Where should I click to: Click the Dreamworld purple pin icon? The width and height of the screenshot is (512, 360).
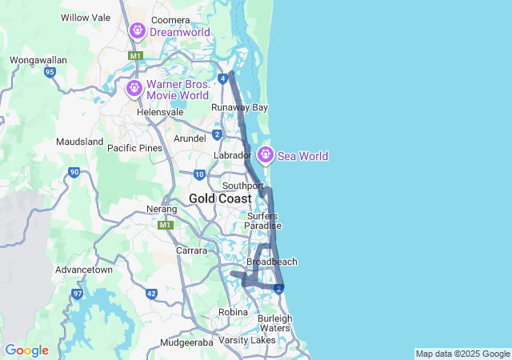137,31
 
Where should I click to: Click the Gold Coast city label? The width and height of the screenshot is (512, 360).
220,198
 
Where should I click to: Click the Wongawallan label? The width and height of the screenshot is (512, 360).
37,60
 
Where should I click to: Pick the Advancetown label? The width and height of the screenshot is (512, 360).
84,270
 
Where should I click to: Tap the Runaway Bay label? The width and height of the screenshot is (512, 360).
239,107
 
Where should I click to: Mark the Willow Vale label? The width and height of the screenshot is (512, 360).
84,17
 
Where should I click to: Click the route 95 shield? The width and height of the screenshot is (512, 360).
50,72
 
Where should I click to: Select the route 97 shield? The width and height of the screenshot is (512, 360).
77,294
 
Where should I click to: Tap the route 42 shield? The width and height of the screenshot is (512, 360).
151,294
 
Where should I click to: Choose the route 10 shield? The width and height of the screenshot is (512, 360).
199,174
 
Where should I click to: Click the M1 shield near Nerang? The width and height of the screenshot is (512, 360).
166,225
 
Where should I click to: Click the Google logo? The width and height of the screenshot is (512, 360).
26,350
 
